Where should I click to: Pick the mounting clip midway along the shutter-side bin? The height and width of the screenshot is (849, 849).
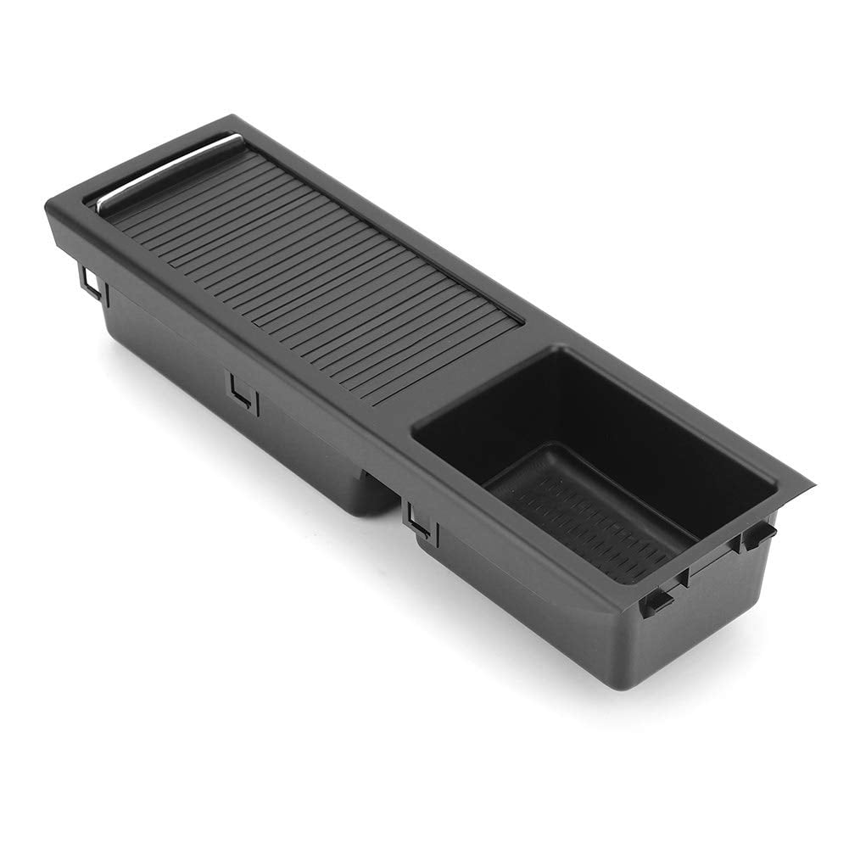coord(244,392)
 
